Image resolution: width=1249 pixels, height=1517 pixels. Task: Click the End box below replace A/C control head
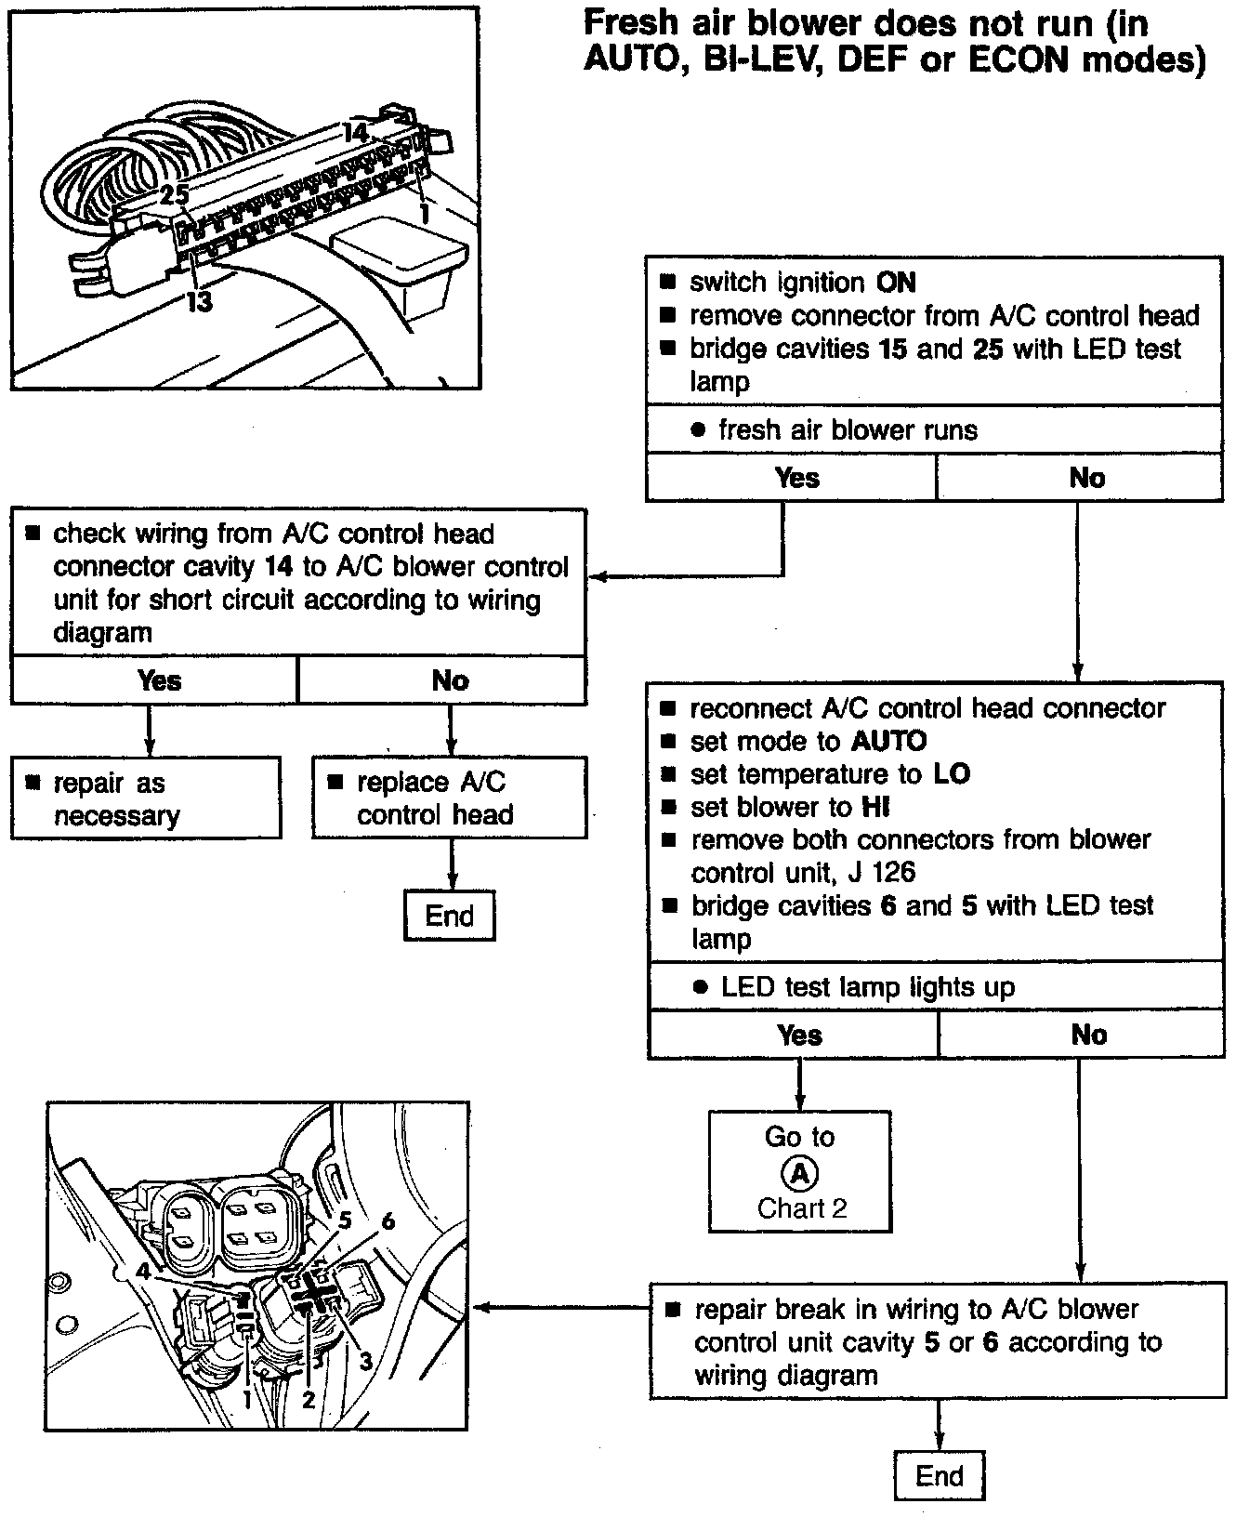pyautogui.click(x=450, y=916)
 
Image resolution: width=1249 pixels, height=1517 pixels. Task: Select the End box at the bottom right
pyautogui.click(x=940, y=1475)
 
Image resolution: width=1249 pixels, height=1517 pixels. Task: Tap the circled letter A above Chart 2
pyautogui.click(x=799, y=1173)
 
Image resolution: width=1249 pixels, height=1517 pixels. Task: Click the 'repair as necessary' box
pyautogui.click(x=146, y=798)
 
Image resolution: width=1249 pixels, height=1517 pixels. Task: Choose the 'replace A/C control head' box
pyautogui.click(x=450, y=798)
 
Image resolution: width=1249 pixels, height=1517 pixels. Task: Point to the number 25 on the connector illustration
pyautogui.click(x=174, y=194)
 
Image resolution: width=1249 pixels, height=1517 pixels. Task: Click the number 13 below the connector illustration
pyautogui.click(x=199, y=301)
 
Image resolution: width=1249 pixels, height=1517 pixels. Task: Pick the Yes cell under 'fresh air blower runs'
pyautogui.click(x=796, y=478)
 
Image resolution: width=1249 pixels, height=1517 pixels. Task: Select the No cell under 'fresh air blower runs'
pyautogui.click(x=1086, y=478)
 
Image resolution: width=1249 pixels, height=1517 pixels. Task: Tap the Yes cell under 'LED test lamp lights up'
pyautogui.click(x=799, y=1035)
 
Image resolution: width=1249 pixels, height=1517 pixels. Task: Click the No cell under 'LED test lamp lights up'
pyautogui.click(x=1088, y=1035)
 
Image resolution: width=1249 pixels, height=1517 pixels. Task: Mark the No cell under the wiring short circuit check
pyautogui.click(x=450, y=680)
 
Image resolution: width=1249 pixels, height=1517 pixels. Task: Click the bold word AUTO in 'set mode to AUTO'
pyautogui.click(x=889, y=741)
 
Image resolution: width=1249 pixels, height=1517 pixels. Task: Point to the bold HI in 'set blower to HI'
pyautogui.click(x=875, y=807)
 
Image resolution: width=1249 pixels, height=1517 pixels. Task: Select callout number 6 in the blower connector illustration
pyautogui.click(x=388, y=1220)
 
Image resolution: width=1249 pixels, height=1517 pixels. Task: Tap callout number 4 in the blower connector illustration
pyautogui.click(x=142, y=1269)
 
